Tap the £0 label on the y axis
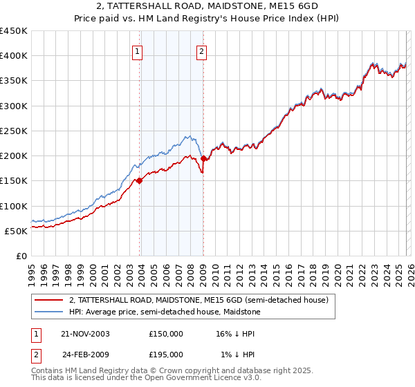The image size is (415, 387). coord(21,256)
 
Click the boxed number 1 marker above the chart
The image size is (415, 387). coord(137,51)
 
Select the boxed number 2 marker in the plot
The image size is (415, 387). coord(201,51)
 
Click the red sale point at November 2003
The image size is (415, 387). coord(140,181)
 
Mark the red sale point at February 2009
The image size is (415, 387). coord(203,158)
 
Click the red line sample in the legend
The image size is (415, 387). coord(48,301)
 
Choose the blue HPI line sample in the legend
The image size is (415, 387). coord(48,312)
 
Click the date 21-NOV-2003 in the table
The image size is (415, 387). coord(85,333)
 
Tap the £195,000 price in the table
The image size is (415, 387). coord(166,354)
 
